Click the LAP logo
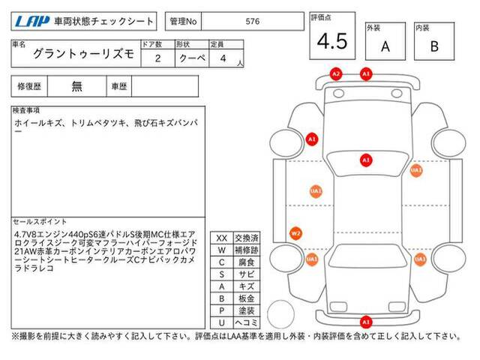click(27, 22)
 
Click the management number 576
click(253, 22)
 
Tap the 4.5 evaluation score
click(331, 42)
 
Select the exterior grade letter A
click(385, 46)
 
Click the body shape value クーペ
click(185, 58)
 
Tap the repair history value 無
click(77, 86)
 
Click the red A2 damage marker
click(336, 73)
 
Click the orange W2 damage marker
click(296, 233)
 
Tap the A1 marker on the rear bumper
click(367, 323)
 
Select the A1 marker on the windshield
click(366, 160)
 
